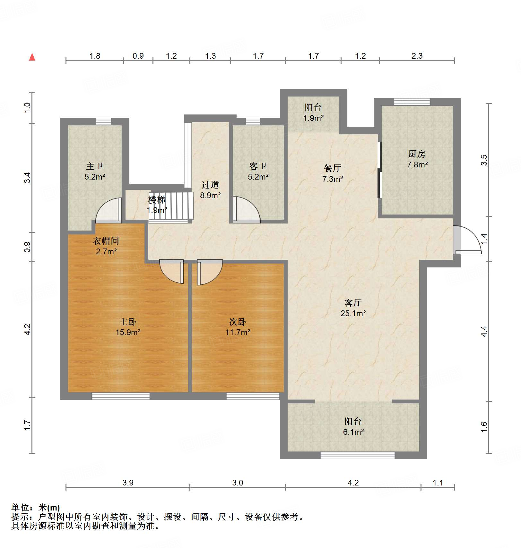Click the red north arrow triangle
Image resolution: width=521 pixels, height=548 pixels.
[32, 57]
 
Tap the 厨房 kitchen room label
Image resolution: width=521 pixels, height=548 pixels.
[417, 154]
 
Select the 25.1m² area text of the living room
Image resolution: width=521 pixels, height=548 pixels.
[353, 313]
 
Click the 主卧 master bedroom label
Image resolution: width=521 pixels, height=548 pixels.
[128, 322]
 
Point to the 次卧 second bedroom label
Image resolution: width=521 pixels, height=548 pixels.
[238, 322]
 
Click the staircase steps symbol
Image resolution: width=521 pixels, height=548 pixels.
[171, 206]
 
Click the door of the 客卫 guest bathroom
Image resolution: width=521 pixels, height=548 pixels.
[246, 209]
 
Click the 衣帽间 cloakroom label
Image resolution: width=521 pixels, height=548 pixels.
[106, 241]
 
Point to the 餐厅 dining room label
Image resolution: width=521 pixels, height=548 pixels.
[333, 168]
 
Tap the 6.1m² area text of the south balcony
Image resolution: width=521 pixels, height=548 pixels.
[353, 432]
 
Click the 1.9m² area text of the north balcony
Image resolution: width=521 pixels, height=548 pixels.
[314, 118]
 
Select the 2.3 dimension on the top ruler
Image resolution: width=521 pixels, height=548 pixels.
[417, 56]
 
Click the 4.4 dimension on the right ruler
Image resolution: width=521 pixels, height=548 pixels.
[484, 331]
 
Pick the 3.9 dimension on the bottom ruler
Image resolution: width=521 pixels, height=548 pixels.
[128, 483]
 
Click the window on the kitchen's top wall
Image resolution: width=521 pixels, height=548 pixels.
[412, 102]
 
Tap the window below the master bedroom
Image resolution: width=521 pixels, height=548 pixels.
[121, 396]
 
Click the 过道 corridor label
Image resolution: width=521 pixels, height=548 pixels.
[210, 185]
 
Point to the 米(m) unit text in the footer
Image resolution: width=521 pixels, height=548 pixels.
[49, 508]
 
